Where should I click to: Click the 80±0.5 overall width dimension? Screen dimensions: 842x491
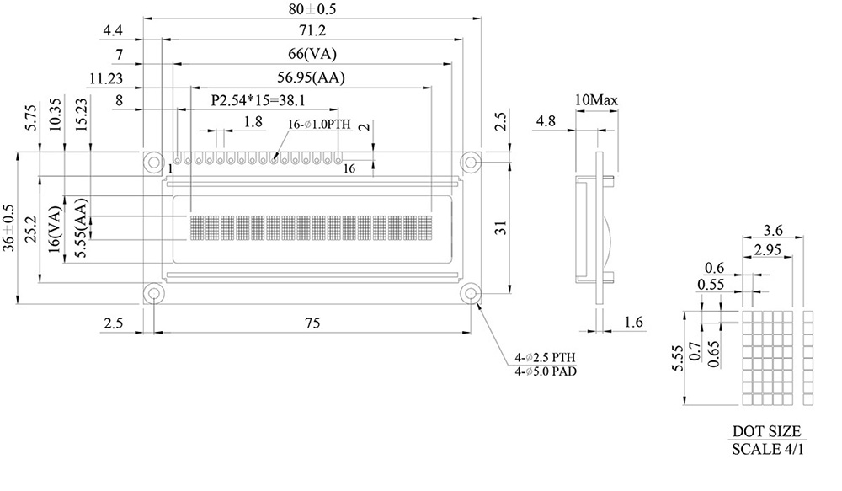312,9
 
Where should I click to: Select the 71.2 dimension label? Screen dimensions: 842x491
312,30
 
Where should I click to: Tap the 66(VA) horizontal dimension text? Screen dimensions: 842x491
312,54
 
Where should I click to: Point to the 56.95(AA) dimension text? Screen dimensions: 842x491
311,77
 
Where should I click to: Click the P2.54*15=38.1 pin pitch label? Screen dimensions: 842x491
258,100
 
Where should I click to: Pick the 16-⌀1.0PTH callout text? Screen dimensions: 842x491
319,125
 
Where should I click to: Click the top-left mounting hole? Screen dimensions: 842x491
154,162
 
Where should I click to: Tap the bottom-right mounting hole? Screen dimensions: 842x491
471,293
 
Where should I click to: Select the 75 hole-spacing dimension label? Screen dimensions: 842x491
312,323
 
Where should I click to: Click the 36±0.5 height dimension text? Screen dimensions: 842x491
9,227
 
